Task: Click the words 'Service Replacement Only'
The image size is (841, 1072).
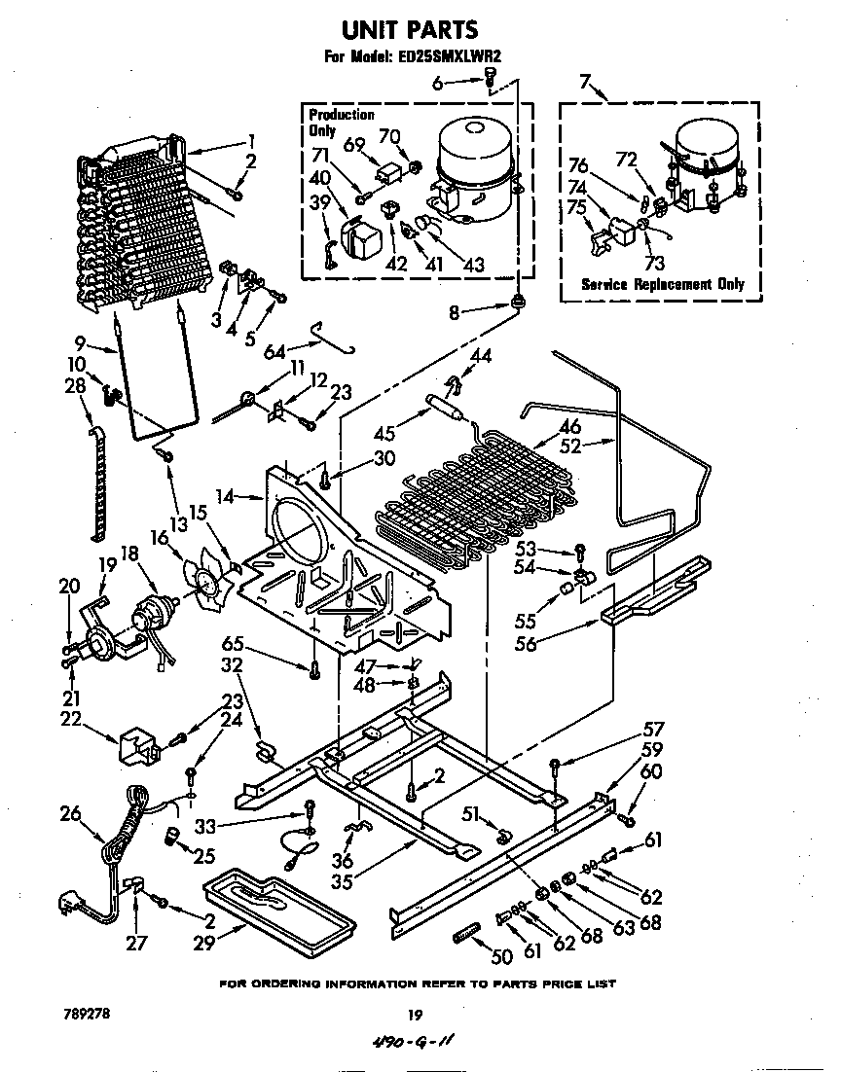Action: [662, 284]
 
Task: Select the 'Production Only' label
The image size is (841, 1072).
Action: [341, 123]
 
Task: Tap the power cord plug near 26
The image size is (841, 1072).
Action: [71, 906]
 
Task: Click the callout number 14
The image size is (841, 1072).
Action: [226, 496]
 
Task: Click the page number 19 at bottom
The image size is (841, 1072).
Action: [415, 1015]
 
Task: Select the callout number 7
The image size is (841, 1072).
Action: [584, 82]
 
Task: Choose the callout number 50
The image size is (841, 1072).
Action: [501, 956]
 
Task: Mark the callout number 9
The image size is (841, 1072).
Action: [82, 342]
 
